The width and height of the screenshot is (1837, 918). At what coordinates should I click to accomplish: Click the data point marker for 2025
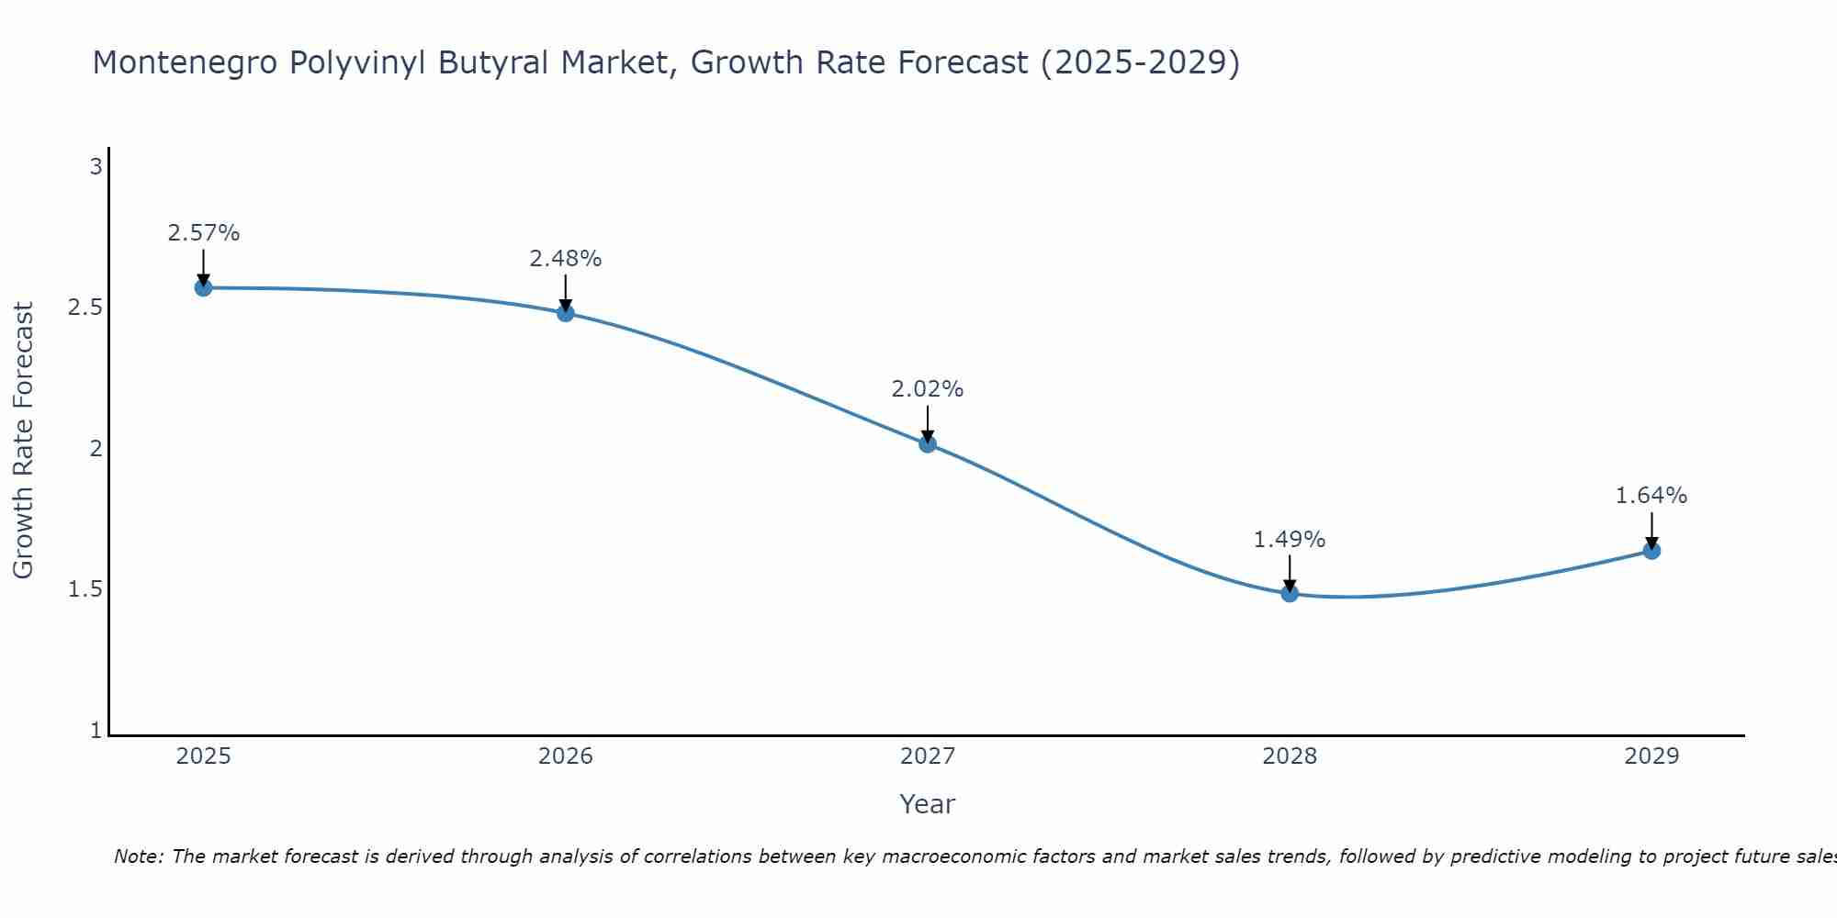(203, 287)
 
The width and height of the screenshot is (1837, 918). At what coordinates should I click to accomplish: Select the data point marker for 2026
(566, 313)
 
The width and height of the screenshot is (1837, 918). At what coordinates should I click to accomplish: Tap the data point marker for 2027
(928, 444)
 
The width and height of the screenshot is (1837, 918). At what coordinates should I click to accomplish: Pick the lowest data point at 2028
(1290, 593)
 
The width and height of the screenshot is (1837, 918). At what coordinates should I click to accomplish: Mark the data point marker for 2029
(1651, 551)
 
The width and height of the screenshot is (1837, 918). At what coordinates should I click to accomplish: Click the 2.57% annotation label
(203, 233)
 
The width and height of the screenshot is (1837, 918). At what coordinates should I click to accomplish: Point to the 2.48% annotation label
(566, 259)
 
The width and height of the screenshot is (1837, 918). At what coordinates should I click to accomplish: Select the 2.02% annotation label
(928, 389)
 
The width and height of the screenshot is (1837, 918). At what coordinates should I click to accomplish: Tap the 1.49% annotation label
(1290, 540)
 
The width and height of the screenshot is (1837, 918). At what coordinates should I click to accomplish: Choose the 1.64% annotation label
(1651, 496)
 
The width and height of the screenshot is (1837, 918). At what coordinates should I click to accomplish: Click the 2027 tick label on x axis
(928, 756)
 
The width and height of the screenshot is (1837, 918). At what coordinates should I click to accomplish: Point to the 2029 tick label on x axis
(1651, 756)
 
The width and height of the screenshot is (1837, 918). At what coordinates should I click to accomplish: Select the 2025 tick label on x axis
(203, 756)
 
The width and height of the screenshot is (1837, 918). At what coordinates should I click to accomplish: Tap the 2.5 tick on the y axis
(85, 308)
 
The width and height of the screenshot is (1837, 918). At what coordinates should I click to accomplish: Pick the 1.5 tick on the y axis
(85, 589)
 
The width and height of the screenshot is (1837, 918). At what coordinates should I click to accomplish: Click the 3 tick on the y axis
(95, 167)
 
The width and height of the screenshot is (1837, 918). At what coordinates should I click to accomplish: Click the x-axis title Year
(928, 804)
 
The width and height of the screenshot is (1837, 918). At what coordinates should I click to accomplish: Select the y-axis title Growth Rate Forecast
(24, 441)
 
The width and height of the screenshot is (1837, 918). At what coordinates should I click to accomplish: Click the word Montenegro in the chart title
(184, 62)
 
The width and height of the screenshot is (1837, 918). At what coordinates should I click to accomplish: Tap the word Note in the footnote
(138, 856)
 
